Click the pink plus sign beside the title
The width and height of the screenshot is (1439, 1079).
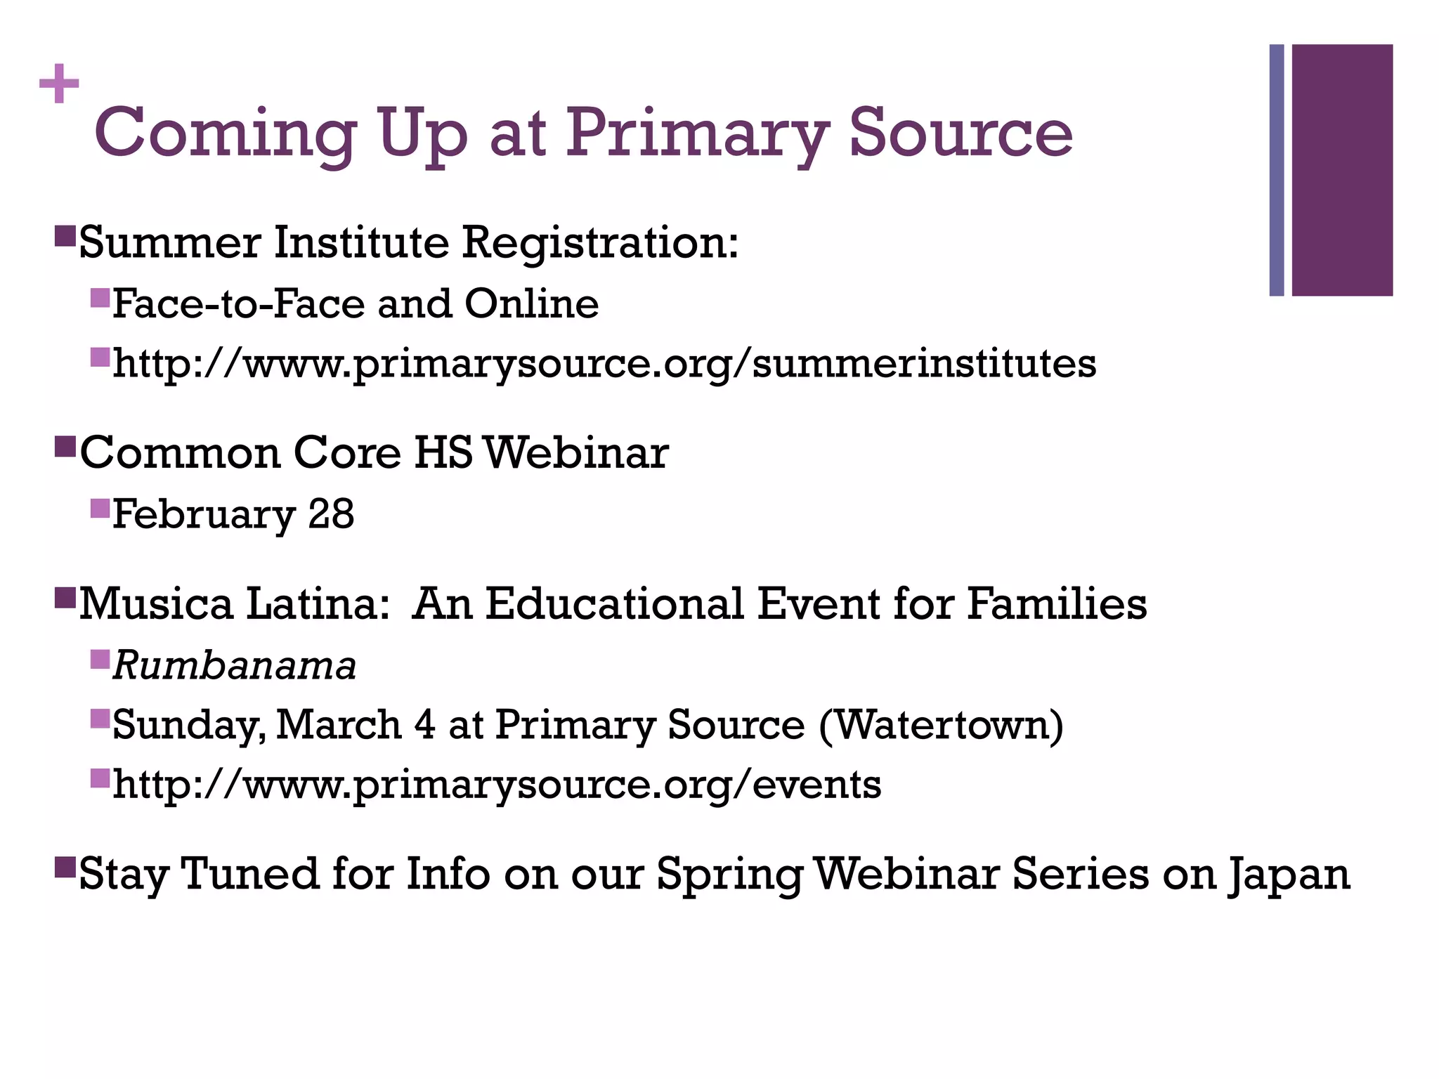59,84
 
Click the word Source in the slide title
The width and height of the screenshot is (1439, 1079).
961,132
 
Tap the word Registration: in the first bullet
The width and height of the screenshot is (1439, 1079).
600,242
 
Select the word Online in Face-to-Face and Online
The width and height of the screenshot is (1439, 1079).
531,304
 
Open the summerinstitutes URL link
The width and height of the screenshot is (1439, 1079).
604,364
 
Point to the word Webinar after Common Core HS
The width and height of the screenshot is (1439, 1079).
576,453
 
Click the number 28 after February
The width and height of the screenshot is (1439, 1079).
331,514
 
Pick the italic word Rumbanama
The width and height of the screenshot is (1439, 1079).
235,666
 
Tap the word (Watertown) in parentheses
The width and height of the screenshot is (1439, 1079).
941,725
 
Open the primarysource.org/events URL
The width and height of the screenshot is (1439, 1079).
497,785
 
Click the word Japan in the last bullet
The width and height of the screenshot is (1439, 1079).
1289,875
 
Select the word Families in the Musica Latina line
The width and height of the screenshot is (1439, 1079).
1057,604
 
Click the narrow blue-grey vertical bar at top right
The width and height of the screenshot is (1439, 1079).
1277,170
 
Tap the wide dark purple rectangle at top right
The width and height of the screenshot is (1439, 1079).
1342,170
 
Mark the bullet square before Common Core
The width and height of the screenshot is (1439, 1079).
65,446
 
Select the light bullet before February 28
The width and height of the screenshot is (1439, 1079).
100,507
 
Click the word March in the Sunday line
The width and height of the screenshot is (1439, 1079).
338,725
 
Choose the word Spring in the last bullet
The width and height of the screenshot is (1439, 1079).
730,875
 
